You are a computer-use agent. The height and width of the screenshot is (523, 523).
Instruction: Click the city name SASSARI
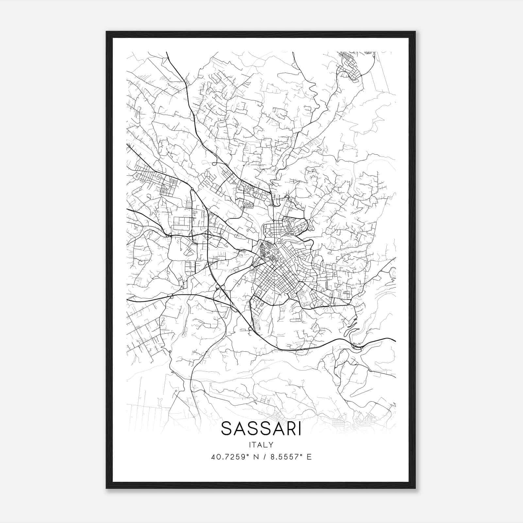coord(261,429)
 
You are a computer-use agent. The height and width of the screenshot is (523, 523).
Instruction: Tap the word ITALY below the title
coord(261,445)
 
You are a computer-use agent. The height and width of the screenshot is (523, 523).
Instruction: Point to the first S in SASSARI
coord(226,429)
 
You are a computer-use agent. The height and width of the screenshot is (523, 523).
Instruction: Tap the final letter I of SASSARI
coord(299,429)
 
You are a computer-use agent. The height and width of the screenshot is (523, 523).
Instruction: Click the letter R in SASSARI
coord(290,429)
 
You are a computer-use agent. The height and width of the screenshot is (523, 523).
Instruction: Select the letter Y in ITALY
coord(271,445)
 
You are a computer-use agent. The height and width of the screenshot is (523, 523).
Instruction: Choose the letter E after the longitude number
coord(309,457)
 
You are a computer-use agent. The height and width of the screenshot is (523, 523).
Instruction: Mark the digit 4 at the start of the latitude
coord(213,457)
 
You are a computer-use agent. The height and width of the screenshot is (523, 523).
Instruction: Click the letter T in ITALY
coord(256,445)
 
